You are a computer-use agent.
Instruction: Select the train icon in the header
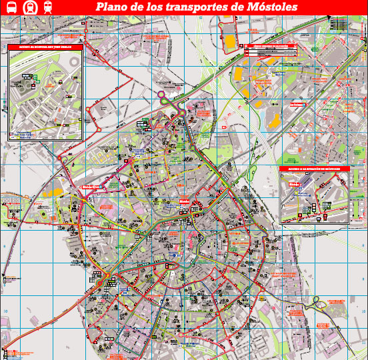(x=47, y=7)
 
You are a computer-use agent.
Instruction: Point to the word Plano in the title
(x=112, y=7)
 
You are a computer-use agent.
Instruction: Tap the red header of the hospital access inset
(x=45, y=48)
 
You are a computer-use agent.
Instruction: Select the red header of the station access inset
(x=318, y=169)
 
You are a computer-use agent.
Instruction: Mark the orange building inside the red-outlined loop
(x=231, y=42)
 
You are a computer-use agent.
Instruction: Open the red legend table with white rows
(x=267, y=51)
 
